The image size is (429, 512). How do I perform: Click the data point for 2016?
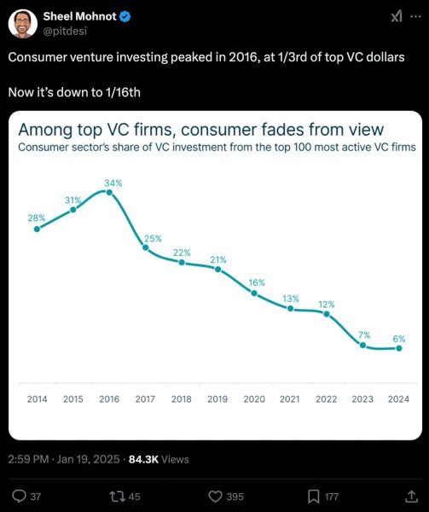point(109,192)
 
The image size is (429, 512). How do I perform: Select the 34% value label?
point(113,183)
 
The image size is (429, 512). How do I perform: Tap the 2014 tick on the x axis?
point(37,399)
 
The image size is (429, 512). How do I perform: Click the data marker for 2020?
point(254,293)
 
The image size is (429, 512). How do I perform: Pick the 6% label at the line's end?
point(398,338)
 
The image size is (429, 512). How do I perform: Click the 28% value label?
point(37,218)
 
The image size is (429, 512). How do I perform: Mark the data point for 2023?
point(363,346)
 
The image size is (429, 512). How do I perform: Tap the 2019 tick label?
point(218,399)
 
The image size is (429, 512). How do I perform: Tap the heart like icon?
point(216,496)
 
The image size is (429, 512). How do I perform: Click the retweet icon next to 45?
point(119,496)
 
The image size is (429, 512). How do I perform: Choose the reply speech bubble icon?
point(20,496)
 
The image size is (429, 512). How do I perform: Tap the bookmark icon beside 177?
point(313,496)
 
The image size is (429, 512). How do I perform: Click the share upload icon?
point(402,495)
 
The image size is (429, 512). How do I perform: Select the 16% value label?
point(257,282)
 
